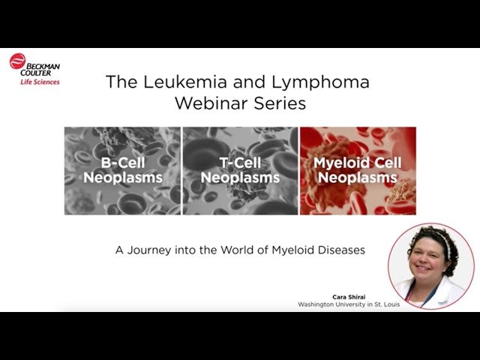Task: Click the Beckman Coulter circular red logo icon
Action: (17, 62)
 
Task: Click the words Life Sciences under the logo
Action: (40, 81)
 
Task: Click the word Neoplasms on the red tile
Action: (358, 178)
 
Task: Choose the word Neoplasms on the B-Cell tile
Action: (121, 178)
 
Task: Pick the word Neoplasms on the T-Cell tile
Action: (240, 178)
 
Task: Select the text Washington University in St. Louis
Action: (343, 305)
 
